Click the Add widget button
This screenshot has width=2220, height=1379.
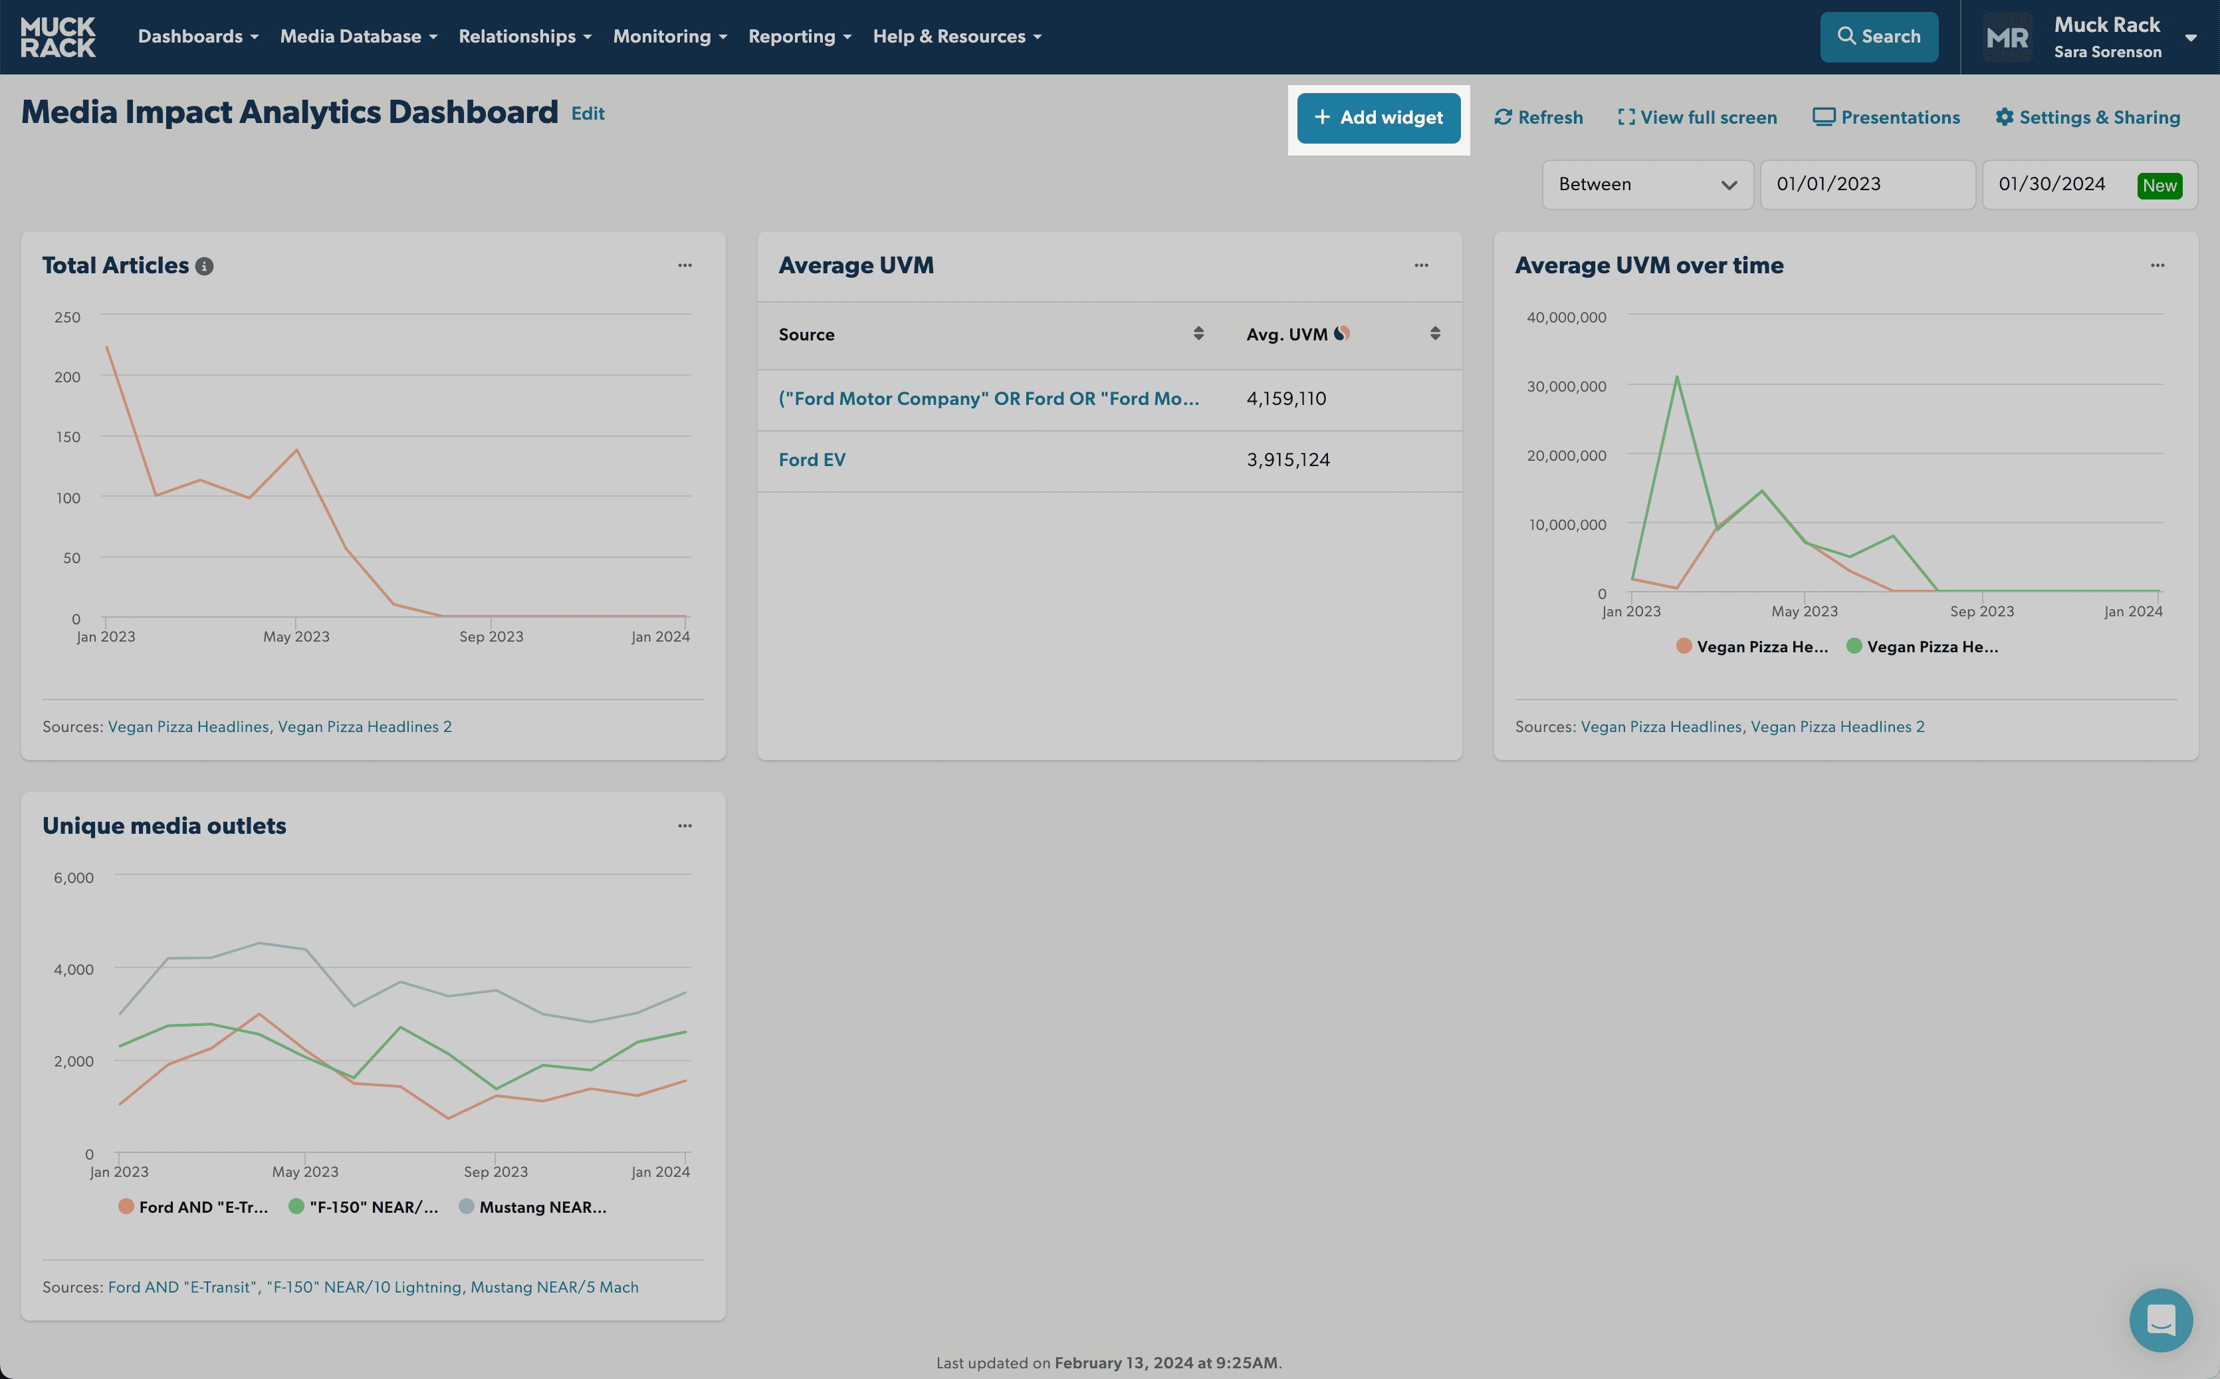(1379, 118)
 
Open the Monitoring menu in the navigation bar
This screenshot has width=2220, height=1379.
(670, 37)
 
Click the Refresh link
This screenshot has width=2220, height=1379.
(1539, 118)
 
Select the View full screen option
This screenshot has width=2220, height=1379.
(1698, 118)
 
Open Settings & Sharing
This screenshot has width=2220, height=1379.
(2088, 118)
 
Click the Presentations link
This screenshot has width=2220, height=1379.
(1886, 118)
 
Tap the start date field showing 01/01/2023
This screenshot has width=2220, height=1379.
(1867, 184)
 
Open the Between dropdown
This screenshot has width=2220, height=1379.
(1648, 184)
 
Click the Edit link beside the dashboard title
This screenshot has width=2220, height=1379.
(588, 113)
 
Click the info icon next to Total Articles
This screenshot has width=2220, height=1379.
(204, 267)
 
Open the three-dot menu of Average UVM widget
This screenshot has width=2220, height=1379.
(1421, 265)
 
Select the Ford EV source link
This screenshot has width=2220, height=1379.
(812, 459)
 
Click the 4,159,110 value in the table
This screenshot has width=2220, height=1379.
(1286, 398)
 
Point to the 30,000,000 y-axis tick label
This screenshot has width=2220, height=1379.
(1567, 387)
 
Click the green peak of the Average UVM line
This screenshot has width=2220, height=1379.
(1676, 377)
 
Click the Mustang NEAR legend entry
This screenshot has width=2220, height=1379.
(532, 1207)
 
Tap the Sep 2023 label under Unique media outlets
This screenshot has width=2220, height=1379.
(496, 1172)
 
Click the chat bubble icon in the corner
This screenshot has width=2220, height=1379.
(2161, 1320)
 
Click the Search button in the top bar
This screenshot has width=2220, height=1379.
(1879, 37)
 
